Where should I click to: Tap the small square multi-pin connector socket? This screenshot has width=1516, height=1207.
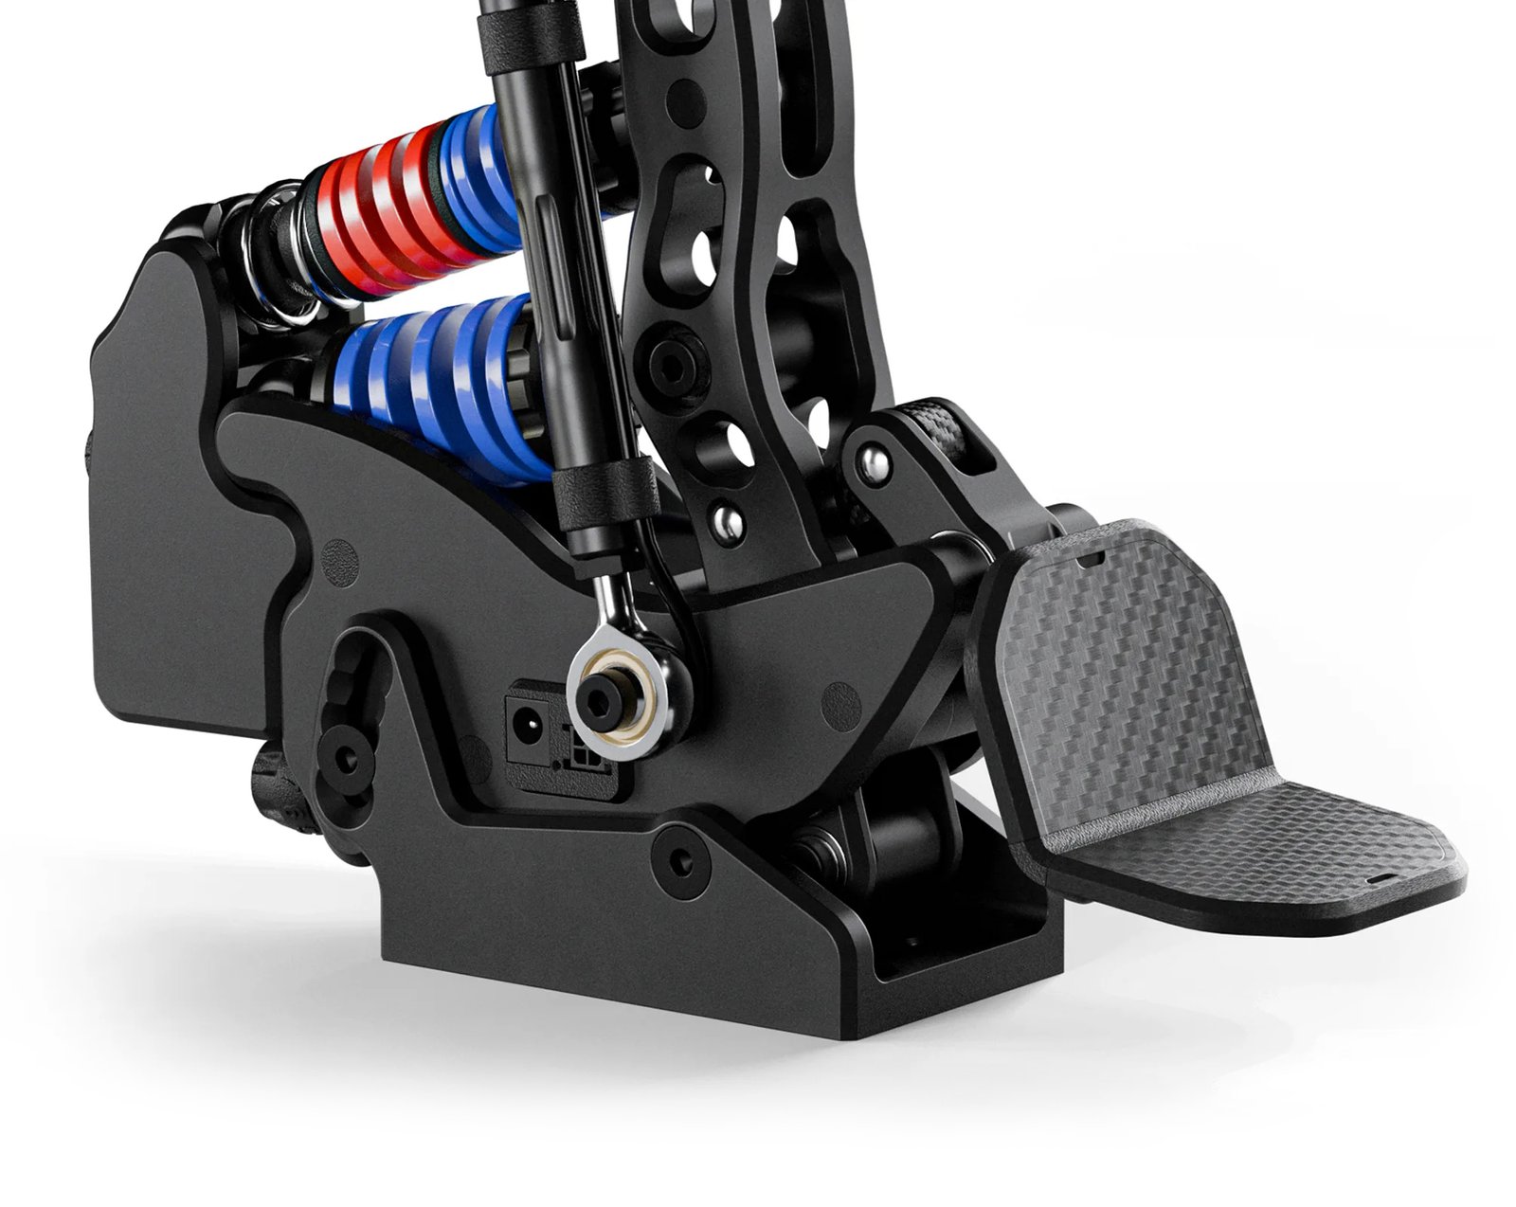(x=581, y=758)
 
